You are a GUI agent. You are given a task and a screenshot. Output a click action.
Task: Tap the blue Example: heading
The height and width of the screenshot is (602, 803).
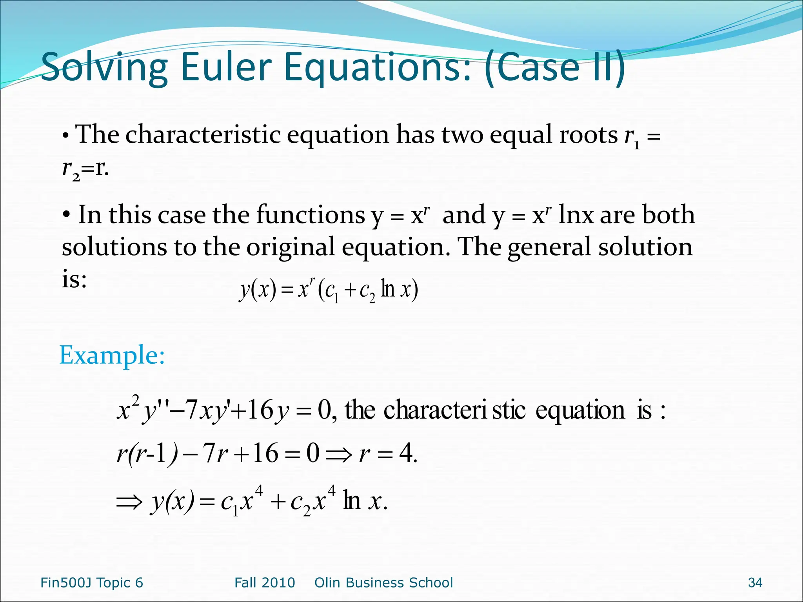click(112, 355)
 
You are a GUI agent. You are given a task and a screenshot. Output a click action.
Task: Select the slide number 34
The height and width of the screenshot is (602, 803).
click(755, 583)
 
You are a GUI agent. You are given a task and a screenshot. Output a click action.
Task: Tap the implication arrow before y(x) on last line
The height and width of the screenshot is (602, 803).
click(129, 502)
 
